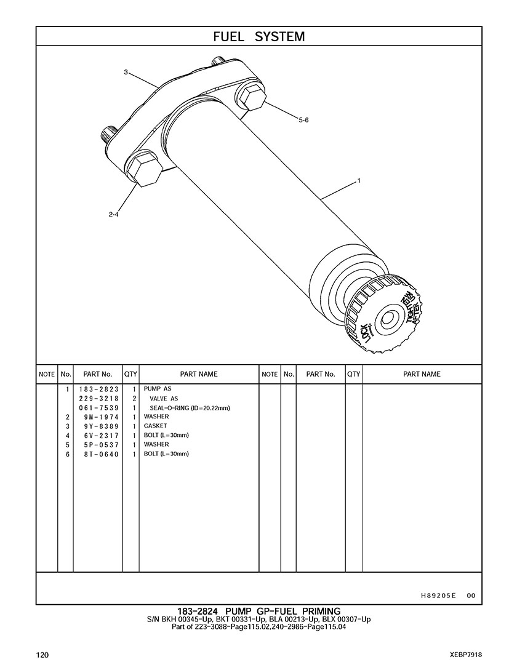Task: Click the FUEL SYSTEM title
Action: (258, 36)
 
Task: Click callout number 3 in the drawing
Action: (126, 72)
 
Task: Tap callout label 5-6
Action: (303, 121)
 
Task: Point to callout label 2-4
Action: (113, 215)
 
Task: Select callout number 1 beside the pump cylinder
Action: (358, 181)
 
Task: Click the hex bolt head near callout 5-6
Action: (250, 97)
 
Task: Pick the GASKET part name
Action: (155, 426)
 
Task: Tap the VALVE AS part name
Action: (164, 399)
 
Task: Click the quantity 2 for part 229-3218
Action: (134, 399)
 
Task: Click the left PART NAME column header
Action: (198, 374)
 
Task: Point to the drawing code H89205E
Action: (438, 596)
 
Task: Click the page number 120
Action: (42, 655)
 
